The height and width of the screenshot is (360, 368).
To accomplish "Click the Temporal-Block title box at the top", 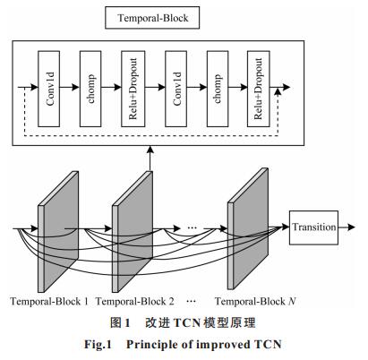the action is tap(152, 18).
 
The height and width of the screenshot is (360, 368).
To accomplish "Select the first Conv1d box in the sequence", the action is tap(49, 89).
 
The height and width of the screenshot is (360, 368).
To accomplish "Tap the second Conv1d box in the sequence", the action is tap(176, 89).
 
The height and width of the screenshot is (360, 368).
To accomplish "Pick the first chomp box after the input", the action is tap(90, 89).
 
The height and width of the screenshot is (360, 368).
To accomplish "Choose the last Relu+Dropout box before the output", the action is tap(259, 89).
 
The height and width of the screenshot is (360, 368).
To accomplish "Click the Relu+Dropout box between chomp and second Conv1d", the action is tap(133, 89).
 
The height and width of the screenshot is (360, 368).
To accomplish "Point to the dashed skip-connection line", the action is tap(150, 136).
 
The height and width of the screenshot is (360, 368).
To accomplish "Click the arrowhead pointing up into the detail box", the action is tap(150, 150).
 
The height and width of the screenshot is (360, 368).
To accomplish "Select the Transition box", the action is tap(313, 227).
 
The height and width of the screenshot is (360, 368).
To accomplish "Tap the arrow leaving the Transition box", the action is tap(347, 227).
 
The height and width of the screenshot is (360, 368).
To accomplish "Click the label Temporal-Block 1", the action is tap(49, 301).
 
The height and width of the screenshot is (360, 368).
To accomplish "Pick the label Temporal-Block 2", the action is tap(135, 301).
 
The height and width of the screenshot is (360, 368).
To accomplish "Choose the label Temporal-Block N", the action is tap(255, 301).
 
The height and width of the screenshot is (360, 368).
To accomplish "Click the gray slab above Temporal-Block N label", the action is tap(248, 228).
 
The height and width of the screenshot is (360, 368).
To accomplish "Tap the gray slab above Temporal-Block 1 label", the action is tap(58, 231).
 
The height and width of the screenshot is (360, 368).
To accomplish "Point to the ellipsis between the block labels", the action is tap(191, 301).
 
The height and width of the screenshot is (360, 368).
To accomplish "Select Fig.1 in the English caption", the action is tap(98, 345).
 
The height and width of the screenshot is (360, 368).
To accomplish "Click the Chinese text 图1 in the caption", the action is tap(120, 322).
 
